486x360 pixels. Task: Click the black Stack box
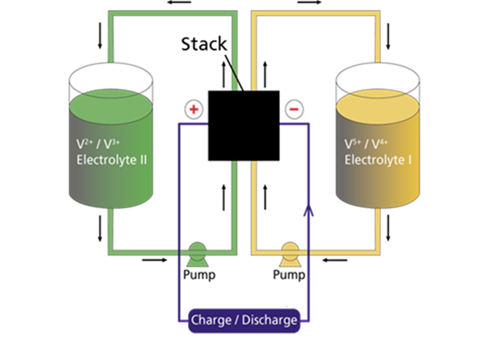(244, 126)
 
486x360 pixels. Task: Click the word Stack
(204, 44)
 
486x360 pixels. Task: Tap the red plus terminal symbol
(194, 110)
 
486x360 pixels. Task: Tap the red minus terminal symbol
(294, 110)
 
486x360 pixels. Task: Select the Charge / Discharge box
(244, 320)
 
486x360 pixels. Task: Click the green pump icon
(197, 254)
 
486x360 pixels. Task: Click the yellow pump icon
(289, 254)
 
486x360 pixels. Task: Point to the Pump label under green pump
(199, 275)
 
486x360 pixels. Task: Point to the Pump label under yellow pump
(289, 275)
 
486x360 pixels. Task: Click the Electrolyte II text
(112, 159)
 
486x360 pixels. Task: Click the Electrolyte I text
(378, 159)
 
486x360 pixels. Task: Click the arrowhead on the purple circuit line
(309, 209)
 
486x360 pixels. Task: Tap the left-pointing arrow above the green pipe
(179, 2)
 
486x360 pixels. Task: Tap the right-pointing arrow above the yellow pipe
(309, 2)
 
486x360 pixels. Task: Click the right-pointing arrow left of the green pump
(154, 260)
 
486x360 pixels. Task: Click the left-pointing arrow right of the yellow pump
(334, 260)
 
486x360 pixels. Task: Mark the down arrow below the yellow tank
(388, 228)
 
